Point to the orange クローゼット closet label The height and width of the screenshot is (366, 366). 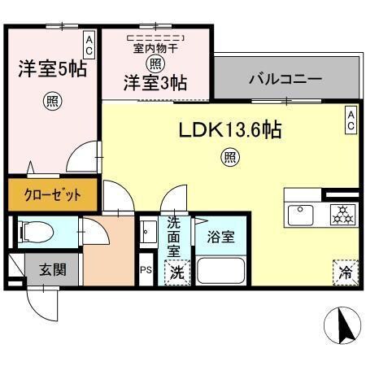pyautogui.click(x=51, y=195)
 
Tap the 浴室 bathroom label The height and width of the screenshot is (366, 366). pyautogui.click(x=220, y=237)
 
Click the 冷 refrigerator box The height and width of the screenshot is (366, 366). pyautogui.click(x=344, y=272)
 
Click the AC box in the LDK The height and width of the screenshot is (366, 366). pyautogui.click(x=351, y=120)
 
